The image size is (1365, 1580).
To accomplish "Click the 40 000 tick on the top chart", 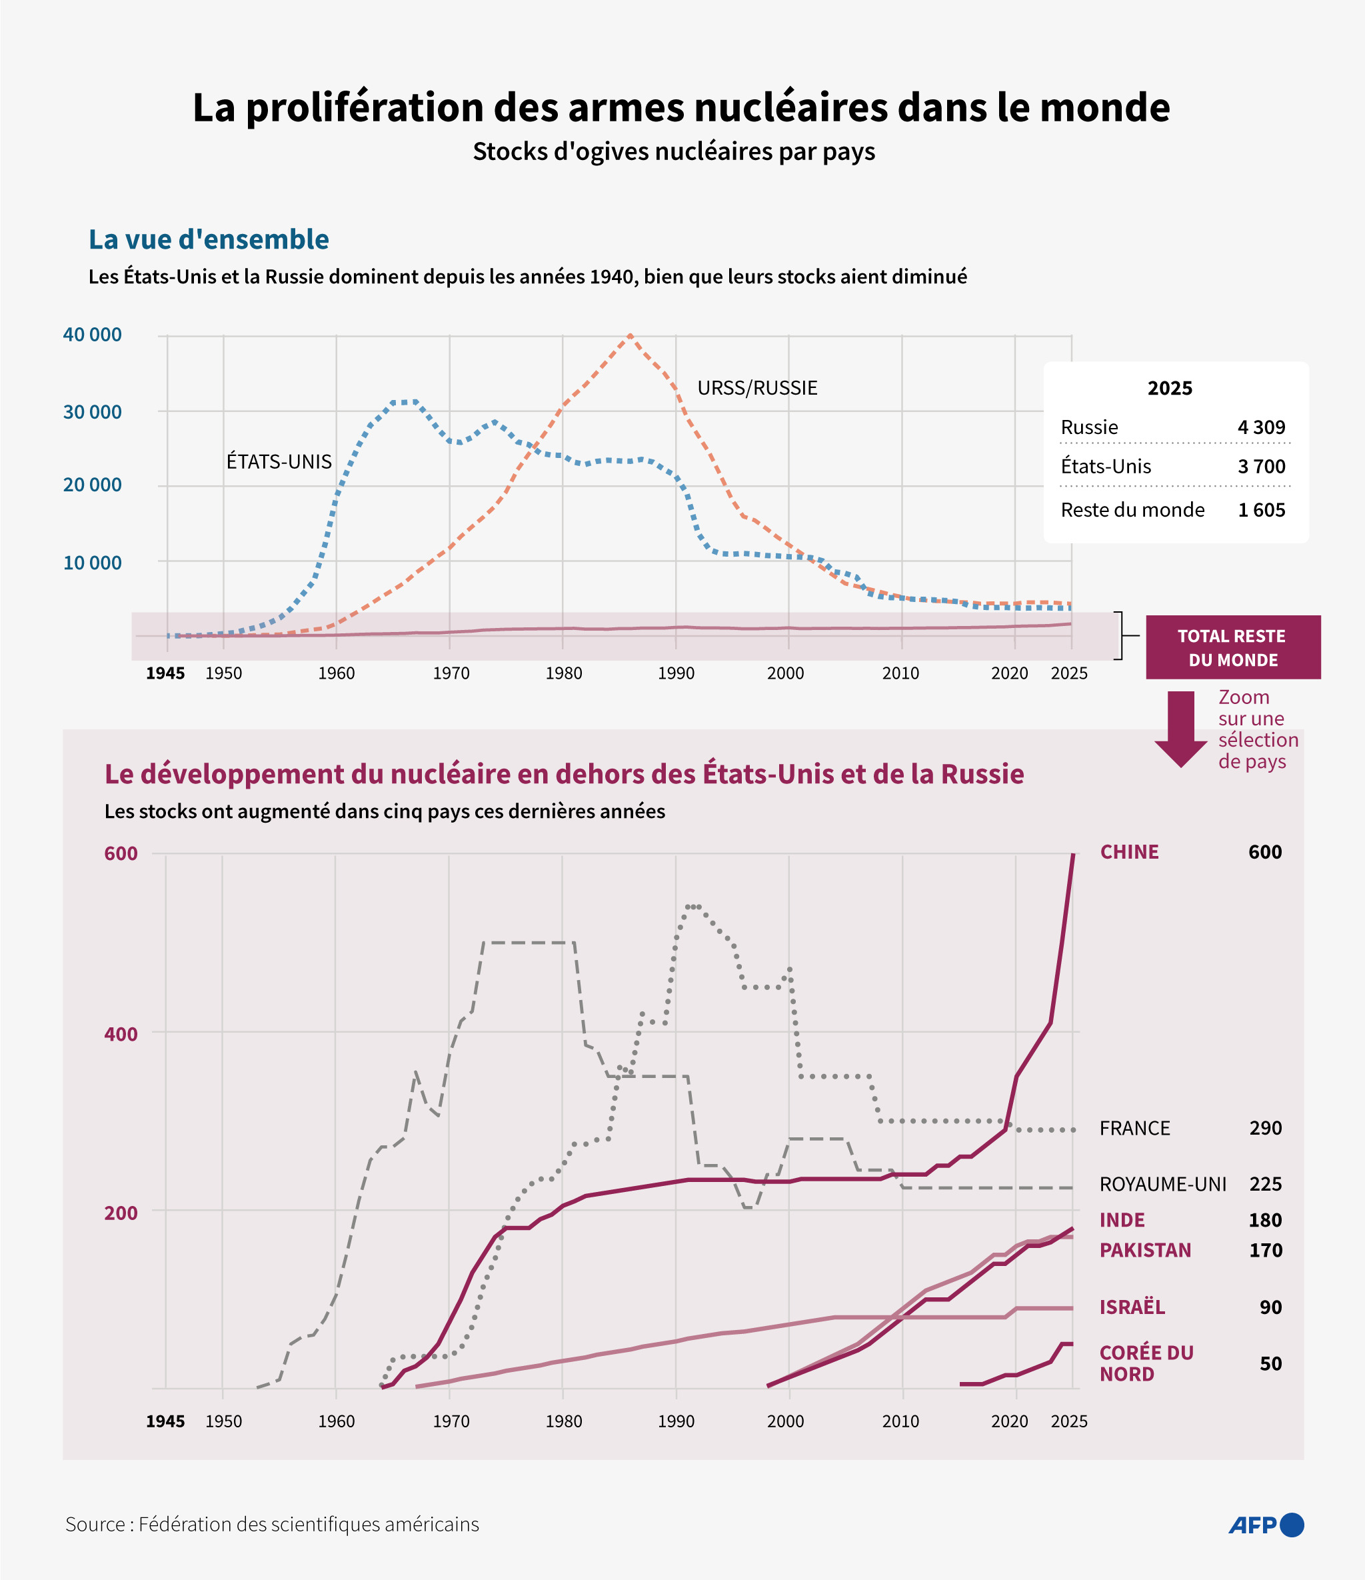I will pyautogui.click(x=92, y=335).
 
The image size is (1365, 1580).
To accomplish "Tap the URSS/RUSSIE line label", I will pyautogui.click(x=757, y=388).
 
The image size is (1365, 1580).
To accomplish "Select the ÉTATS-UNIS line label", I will pyautogui.click(x=279, y=461).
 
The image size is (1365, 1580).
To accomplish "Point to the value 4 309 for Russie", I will pyautogui.click(x=1261, y=427).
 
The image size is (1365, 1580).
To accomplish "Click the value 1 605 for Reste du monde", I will pyautogui.click(x=1261, y=509).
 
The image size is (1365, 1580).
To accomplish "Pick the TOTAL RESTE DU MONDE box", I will pyautogui.click(x=1232, y=647).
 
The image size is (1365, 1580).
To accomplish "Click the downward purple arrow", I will pyautogui.click(x=1181, y=728).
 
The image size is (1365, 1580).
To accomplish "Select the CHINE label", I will pyautogui.click(x=1129, y=852).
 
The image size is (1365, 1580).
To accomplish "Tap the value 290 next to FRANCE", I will pyautogui.click(x=1265, y=1128).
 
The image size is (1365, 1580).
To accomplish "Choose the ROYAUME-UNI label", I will pyautogui.click(x=1163, y=1183).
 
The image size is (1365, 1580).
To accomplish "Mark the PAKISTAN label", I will pyautogui.click(x=1145, y=1250).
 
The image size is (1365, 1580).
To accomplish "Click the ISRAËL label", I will pyautogui.click(x=1132, y=1307).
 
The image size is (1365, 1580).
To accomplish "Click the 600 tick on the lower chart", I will pyautogui.click(x=121, y=853).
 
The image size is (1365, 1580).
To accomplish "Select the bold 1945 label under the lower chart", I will pyautogui.click(x=165, y=1421).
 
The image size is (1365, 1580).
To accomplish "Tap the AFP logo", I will pyautogui.click(x=1266, y=1525).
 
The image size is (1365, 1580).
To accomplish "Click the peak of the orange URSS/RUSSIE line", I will pyautogui.click(x=630, y=335).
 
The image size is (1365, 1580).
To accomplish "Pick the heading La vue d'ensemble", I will pyautogui.click(x=209, y=239).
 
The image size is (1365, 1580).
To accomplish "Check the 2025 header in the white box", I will pyautogui.click(x=1170, y=388).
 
